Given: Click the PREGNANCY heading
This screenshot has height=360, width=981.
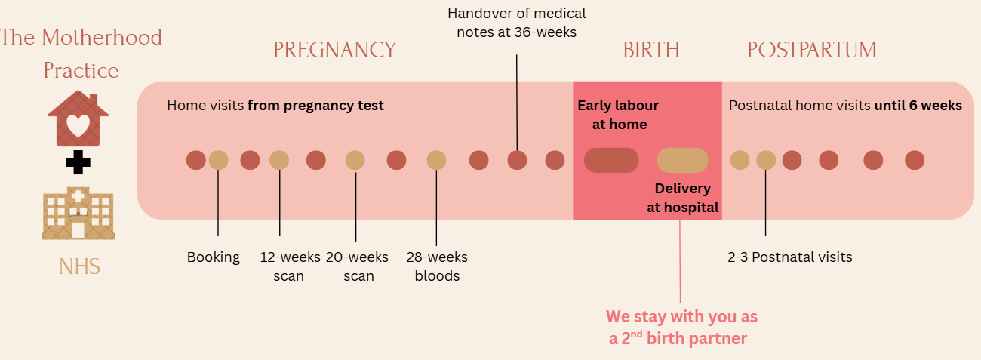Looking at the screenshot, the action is (x=334, y=50).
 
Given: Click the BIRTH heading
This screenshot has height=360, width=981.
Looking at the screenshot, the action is (x=651, y=50).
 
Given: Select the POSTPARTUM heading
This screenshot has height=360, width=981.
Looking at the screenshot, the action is (x=812, y=50).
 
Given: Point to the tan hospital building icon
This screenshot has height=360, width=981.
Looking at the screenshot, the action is (x=78, y=214).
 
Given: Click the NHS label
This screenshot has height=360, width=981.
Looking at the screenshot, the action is (x=79, y=266).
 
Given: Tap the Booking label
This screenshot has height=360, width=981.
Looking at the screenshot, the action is (x=214, y=257).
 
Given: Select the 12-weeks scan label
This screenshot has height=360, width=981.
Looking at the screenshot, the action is (x=290, y=266).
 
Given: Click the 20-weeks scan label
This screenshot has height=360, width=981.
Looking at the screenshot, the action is (x=358, y=266).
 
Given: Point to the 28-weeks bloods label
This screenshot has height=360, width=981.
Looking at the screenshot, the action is (x=437, y=266).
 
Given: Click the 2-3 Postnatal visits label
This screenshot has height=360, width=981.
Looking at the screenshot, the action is (x=790, y=257).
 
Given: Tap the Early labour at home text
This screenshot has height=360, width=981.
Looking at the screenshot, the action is (x=618, y=115).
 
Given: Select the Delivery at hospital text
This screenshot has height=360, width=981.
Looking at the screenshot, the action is (x=683, y=198).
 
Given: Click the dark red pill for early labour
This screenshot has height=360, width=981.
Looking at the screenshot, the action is (x=611, y=160).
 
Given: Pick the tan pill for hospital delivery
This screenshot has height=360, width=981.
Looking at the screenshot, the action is (x=683, y=160).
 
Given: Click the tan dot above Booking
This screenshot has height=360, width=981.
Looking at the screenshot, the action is (x=218, y=160).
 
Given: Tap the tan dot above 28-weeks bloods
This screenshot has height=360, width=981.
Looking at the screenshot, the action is (x=437, y=160).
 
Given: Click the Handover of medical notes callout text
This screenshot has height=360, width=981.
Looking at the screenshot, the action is (x=517, y=23).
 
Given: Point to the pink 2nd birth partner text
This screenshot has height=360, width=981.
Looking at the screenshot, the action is (x=681, y=327).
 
